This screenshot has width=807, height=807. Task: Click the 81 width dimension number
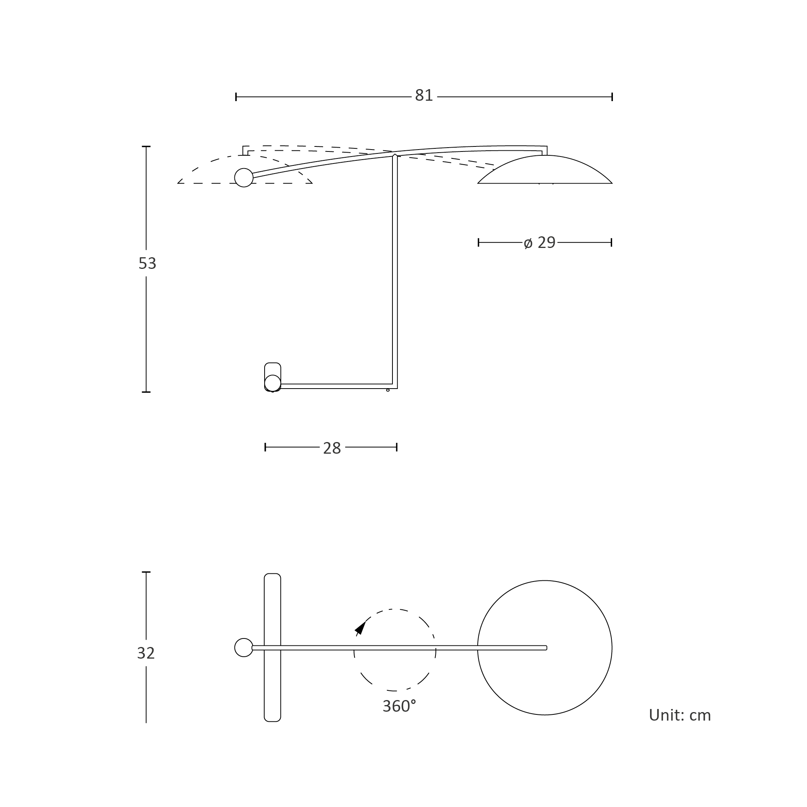[x=423, y=96]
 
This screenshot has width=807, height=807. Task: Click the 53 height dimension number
[x=147, y=263]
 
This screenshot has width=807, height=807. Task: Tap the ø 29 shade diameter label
[x=539, y=243]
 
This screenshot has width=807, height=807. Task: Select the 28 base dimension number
[x=332, y=448]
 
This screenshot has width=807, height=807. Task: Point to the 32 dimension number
[x=146, y=653]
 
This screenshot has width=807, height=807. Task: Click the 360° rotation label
[x=399, y=706]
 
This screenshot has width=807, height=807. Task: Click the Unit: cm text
[x=680, y=716]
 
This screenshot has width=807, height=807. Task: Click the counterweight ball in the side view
[x=244, y=177]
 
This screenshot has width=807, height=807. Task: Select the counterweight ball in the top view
[x=244, y=647]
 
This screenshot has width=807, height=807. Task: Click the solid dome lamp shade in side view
[x=545, y=170]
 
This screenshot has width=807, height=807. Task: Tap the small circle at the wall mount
[x=273, y=383]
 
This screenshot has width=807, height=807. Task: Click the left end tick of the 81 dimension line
[x=236, y=97]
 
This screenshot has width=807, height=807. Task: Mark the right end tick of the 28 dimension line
[x=397, y=447]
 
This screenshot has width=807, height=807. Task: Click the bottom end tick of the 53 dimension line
[x=146, y=392]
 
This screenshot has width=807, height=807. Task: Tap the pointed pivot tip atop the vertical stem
[x=395, y=154]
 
